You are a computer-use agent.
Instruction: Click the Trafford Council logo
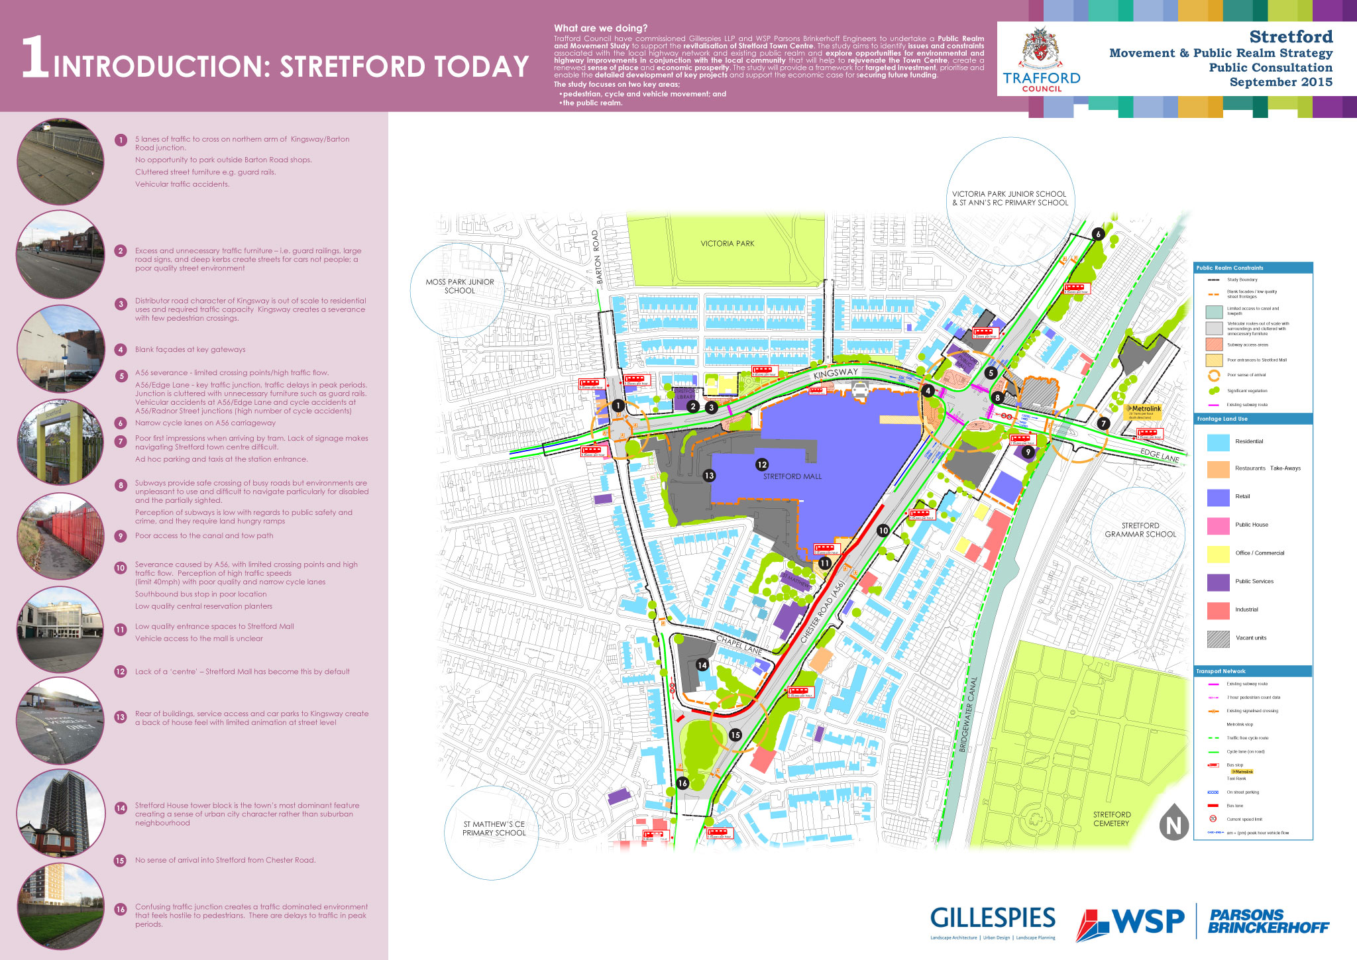tap(1042, 60)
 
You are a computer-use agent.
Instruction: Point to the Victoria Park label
tap(727, 244)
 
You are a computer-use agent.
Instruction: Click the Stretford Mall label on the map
tap(792, 476)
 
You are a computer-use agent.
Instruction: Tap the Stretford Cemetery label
tap(1111, 819)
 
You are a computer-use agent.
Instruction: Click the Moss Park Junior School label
tap(460, 286)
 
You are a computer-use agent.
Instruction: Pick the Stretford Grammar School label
tap(1140, 530)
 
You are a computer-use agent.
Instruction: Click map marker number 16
tap(682, 783)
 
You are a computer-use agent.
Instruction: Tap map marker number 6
tap(1098, 234)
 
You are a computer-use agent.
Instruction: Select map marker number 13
tap(709, 476)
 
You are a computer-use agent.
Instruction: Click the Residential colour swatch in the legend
tap(1218, 442)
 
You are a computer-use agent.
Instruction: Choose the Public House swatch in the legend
tap(1218, 525)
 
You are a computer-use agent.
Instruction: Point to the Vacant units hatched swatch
tap(1218, 639)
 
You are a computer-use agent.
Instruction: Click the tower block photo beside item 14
tap(60, 813)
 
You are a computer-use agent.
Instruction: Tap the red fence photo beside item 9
tap(60, 536)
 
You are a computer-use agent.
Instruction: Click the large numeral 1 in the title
tap(34, 58)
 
